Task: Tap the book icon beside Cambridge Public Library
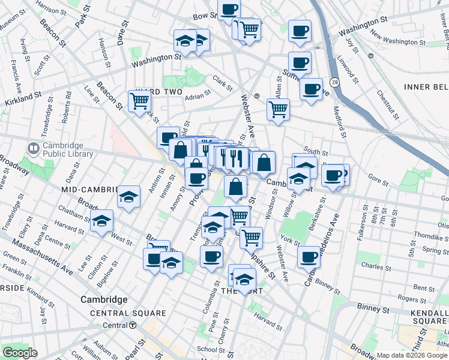click(x=33, y=147)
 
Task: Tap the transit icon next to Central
click(x=132, y=325)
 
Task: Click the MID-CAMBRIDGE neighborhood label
click(x=89, y=190)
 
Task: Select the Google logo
click(x=20, y=353)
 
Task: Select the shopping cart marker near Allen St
click(x=278, y=109)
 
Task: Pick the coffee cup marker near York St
click(x=309, y=257)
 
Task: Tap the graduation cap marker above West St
click(x=102, y=220)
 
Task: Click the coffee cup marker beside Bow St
click(x=229, y=10)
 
